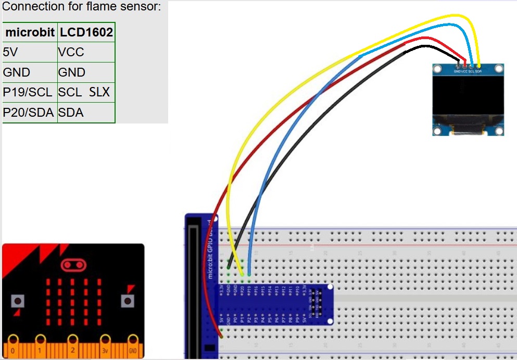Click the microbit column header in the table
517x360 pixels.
(30, 32)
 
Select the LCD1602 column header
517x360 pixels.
(86, 32)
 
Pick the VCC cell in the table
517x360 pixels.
(71, 52)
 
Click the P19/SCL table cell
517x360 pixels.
(28, 92)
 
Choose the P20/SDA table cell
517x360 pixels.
(29, 112)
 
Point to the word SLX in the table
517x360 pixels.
(99, 92)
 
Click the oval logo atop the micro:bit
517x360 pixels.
(73, 265)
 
